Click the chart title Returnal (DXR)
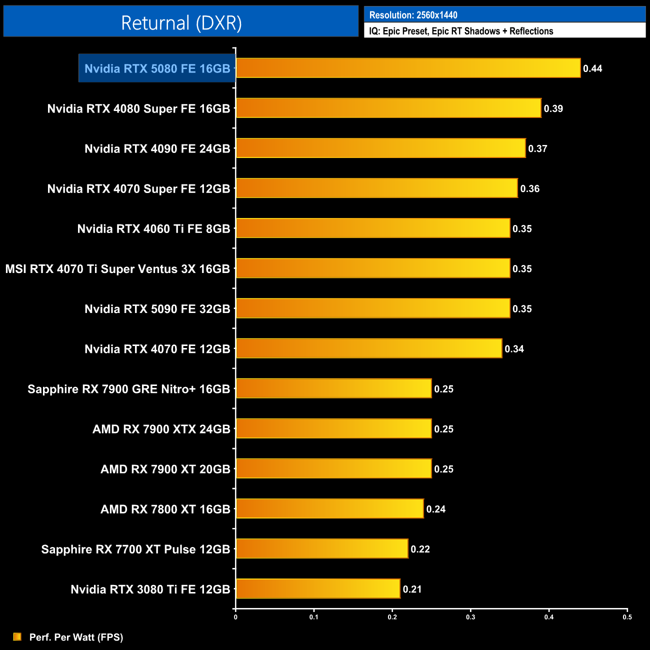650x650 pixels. click(181, 23)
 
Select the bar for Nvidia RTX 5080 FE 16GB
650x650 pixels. click(408, 68)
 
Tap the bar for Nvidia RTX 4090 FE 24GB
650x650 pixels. click(380, 148)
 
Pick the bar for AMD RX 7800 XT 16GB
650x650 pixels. click(329, 508)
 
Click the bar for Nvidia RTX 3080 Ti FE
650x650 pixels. click(318, 588)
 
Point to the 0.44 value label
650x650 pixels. click(592, 68)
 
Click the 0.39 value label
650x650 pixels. click(553, 108)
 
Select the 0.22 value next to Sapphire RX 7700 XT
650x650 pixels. click(420, 549)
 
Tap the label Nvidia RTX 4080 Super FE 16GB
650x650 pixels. click(138, 108)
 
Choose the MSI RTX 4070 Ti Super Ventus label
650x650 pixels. click(117, 269)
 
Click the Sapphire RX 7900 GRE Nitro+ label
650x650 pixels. click(128, 389)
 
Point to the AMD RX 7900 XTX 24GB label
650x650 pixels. click(161, 429)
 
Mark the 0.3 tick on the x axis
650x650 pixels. click(470, 617)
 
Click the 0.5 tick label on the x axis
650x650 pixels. click(627, 617)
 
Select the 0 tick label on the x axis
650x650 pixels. click(235, 617)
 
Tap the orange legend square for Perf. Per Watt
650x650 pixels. click(17, 636)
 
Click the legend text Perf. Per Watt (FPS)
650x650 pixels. click(76, 637)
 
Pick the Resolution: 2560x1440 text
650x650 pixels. click(413, 15)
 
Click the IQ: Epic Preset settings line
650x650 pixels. click(461, 31)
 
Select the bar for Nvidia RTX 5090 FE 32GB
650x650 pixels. click(373, 308)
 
